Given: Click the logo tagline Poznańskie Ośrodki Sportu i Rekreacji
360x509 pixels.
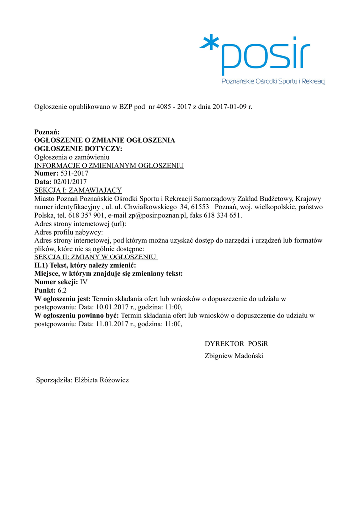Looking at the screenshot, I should [x=273, y=81].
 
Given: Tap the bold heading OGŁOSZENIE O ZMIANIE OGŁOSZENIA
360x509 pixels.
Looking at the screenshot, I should [x=104, y=140].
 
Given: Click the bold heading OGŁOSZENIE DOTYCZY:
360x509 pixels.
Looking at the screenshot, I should [x=78, y=148].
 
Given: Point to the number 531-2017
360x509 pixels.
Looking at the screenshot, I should [x=74, y=173].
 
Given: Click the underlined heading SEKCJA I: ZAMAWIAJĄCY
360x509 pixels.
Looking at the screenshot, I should [x=78, y=190].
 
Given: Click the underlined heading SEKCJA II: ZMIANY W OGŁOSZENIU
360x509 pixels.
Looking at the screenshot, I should [x=95, y=257].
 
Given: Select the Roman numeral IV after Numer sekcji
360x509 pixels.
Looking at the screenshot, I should [x=84, y=282].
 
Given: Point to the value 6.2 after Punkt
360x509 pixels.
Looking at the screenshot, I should [x=62, y=290].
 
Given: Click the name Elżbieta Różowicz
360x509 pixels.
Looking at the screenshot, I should [x=101, y=380].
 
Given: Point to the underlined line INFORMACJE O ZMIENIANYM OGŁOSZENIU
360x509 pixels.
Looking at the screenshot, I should [x=109, y=165].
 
